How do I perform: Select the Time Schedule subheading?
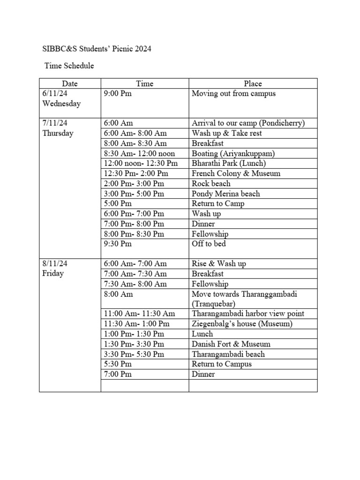click(69, 66)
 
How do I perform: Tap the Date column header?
click(70, 83)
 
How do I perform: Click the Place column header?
click(253, 83)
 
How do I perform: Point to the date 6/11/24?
click(55, 93)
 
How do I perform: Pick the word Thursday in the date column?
click(58, 133)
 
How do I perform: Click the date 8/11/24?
click(55, 263)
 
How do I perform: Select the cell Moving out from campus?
click(233, 93)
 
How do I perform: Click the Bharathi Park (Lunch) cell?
click(229, 163)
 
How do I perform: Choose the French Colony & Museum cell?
click(236, 173)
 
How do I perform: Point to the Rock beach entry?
click(211, 183)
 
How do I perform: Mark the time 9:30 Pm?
click(118, 244)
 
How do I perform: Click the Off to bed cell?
click(209, 244)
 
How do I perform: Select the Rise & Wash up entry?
click(218, 263)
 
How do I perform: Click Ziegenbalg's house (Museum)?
click(242, 324)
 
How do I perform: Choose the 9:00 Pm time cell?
click(118, 93)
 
